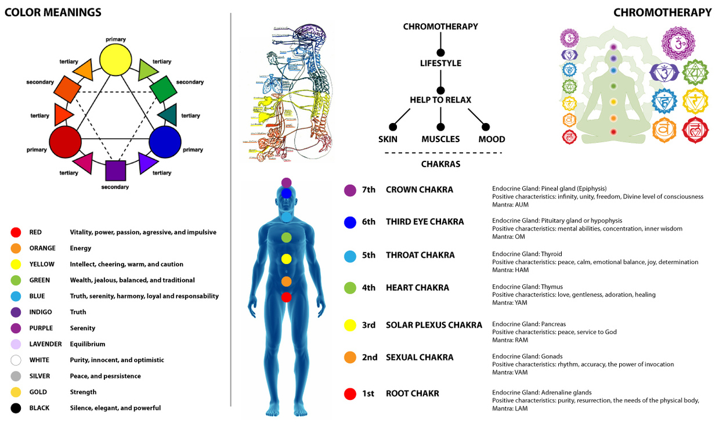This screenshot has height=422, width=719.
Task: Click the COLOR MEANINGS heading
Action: [x=53, y=12]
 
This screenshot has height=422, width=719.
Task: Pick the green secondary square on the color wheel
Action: [x=162, y=90]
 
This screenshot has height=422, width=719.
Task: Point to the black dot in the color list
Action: [x=16, y=408]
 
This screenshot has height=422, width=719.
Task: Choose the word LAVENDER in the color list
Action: [x=45, y=344]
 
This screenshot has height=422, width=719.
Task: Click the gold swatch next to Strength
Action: [x=16, y=392]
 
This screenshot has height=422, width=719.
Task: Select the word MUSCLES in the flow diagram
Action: [x=440, y=139]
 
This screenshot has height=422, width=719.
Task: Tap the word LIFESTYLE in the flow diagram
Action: [x=440, y=63]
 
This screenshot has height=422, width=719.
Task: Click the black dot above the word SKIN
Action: [x=393, y=127]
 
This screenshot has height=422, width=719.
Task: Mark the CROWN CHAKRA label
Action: [x=419, y=190]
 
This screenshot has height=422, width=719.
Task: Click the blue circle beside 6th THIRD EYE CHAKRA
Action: [x=350, y=222]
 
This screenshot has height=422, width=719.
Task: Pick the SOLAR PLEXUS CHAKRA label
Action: [x=433, y=325]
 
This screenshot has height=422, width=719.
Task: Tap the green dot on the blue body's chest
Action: [x=286, y=237]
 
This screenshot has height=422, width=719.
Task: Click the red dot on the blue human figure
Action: [x=286, y=297]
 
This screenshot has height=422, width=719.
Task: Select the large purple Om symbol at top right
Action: [x=678, y=44]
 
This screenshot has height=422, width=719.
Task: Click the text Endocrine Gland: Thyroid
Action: [x=527, y=254]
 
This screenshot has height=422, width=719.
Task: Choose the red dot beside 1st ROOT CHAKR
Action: [x=350, y=394]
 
